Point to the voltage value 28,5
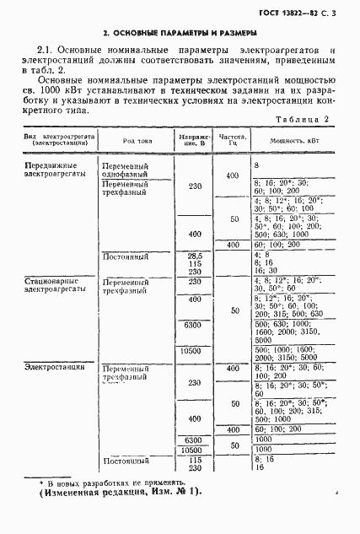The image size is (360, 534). (195, 254)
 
